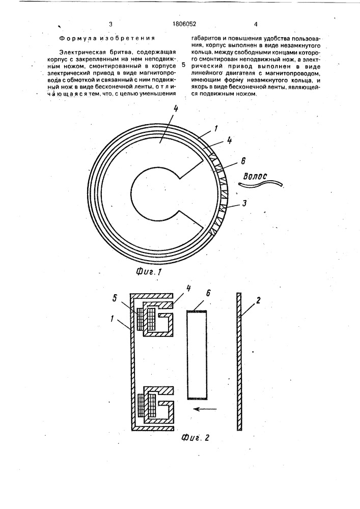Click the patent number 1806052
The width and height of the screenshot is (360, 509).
(184, 24)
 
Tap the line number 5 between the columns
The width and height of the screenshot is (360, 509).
(184, 64)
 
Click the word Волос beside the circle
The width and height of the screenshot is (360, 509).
(255, 176)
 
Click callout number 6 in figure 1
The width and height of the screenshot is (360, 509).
(243, 161)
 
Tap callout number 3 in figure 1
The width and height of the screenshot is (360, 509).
(244, 204)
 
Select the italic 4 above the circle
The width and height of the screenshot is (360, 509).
(176, 109)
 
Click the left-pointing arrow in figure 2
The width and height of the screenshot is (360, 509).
(206, 409)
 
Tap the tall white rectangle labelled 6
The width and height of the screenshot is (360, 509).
(197, 354)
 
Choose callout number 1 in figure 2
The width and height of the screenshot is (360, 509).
(113, 319)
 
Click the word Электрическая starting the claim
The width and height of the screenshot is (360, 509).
(81, 52)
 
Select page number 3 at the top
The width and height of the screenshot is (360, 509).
(111, 24)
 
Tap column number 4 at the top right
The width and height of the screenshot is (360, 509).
(256, 24)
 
